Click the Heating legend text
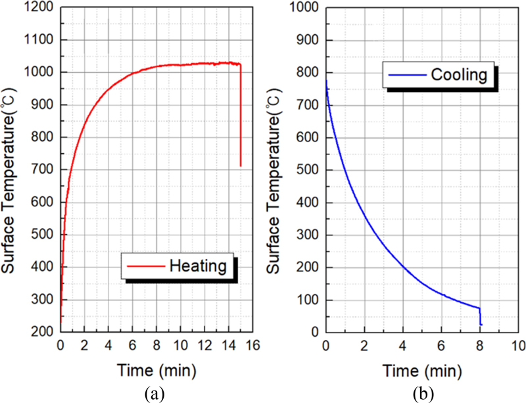click(x=198, y=266)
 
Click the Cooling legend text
click(x=458, y=75)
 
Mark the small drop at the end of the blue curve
click(x=481, y=316)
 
